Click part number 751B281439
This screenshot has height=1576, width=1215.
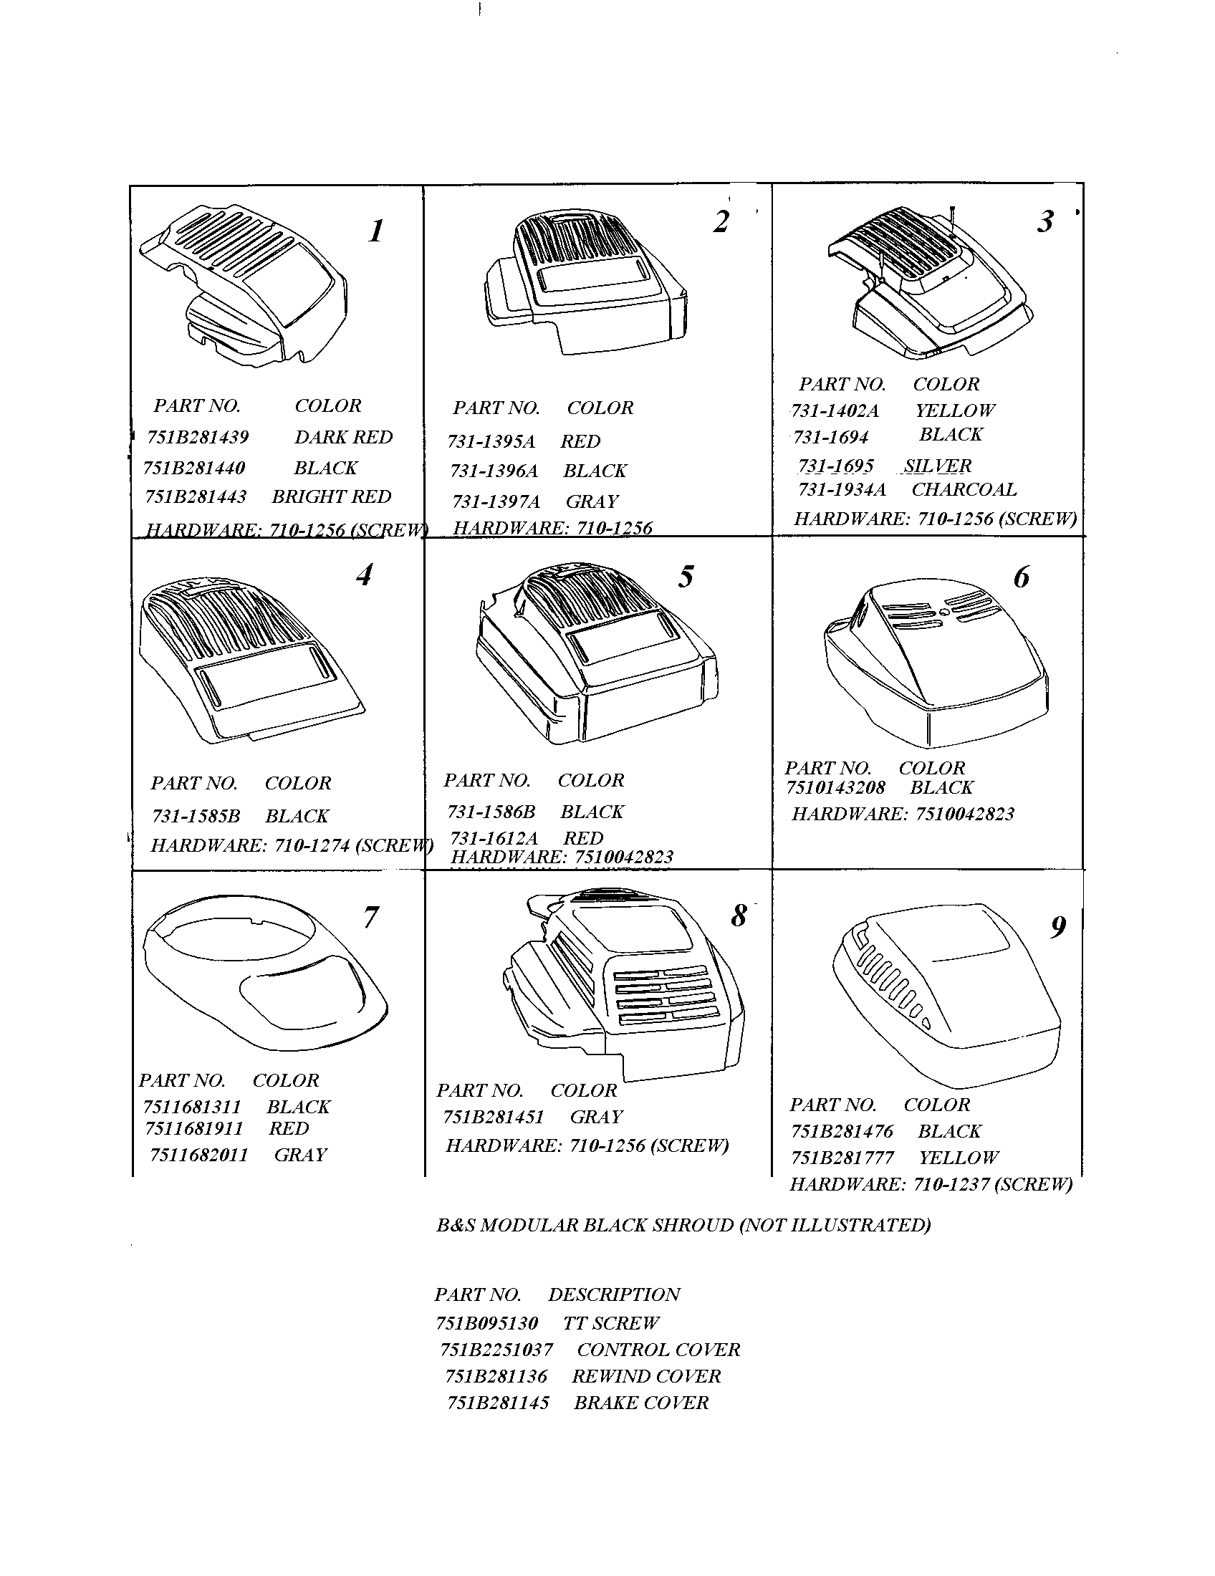(x=198, y=437)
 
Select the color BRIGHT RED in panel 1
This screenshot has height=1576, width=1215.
(x=331, y=497)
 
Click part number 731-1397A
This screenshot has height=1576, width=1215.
(x=496, y=501)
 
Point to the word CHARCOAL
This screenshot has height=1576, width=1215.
(x=964, y=489)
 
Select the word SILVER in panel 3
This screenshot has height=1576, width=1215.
(x=938, y=466)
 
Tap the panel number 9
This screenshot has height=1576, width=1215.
(x=1057, y=926)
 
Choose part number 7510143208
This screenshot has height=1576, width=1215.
(x=835, y=788)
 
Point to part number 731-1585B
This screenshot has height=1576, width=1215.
(x=196, y=816)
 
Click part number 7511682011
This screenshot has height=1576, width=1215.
(x=198, y=1155)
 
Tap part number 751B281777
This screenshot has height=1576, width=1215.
(x=842, y=1158)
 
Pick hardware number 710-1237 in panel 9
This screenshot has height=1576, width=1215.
(x=950, y=1185)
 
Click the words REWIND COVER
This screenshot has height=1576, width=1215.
(x=645, y=1376)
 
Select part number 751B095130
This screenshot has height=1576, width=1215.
(x=487, y=1323)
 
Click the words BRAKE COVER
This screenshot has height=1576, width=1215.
(x=640, y=1403)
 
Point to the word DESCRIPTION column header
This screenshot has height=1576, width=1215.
(x=614, y=1294)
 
